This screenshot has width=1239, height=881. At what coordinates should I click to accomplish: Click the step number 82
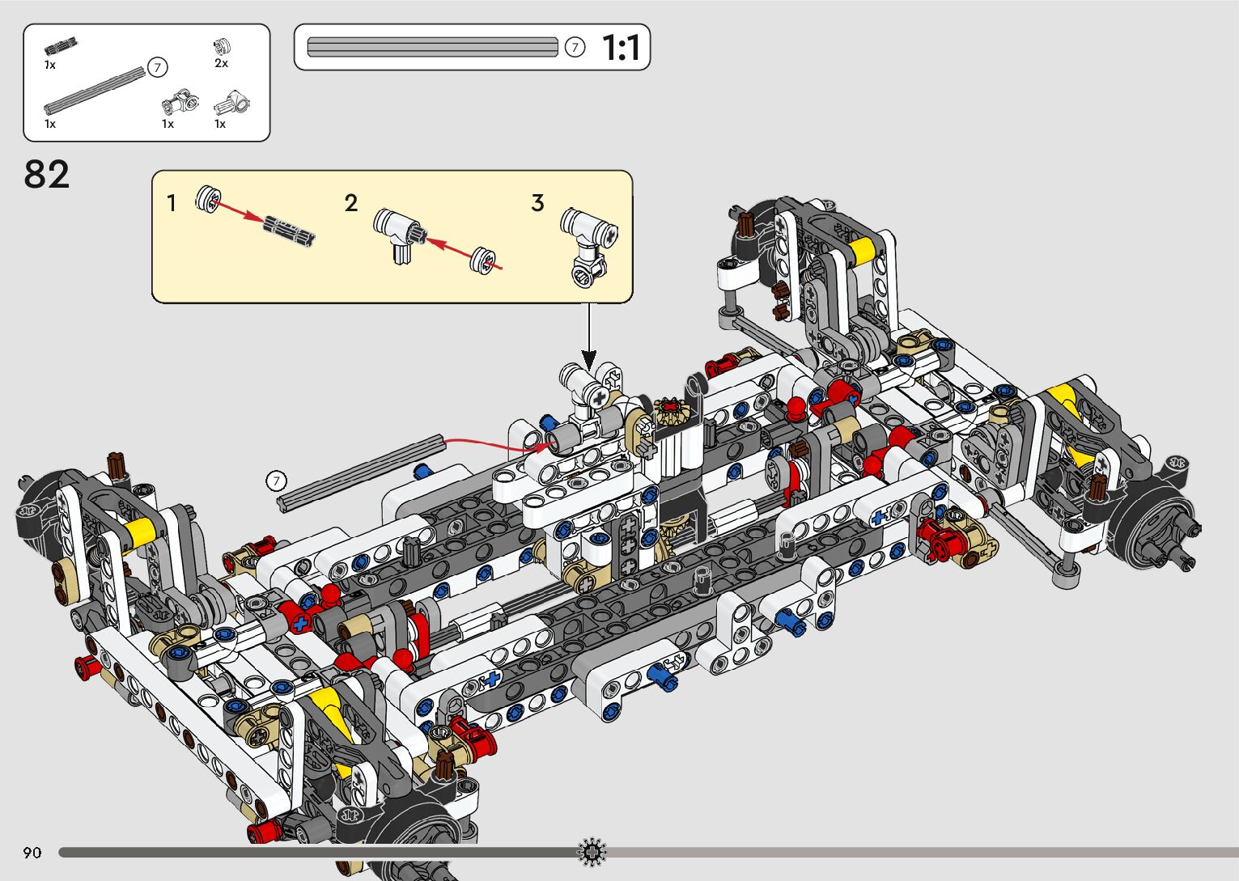tap(47, 175)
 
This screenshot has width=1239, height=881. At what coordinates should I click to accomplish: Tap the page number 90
tap(32, 852)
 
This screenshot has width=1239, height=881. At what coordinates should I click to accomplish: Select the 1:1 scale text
tap(622, 48)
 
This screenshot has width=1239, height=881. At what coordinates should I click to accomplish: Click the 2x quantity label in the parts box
tap(221, 64)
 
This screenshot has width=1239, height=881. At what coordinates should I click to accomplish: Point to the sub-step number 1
tap(172, 203)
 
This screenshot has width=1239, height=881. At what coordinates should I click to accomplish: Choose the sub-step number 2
tap(350, 203)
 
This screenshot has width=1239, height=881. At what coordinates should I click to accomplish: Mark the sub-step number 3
tap(537, 203)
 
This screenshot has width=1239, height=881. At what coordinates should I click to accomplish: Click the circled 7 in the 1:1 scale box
tap(575, 48)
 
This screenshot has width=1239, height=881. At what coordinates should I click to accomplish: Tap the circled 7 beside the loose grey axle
tap(277, 481)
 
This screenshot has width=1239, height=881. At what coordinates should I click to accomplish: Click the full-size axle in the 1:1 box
tap(432, 47)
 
